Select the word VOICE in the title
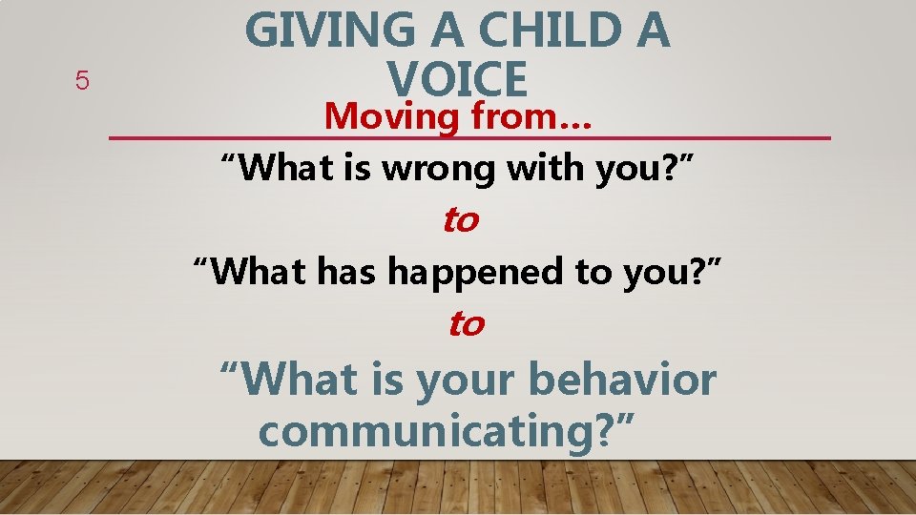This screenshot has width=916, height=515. (457, 78)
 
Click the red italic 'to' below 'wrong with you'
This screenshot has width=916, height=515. (459, 220)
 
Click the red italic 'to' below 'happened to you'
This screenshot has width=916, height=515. (466, 324)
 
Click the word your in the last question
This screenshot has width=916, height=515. (466, 380)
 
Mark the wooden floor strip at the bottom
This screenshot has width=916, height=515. (458, 488)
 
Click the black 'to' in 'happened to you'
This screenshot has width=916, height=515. (595, 272)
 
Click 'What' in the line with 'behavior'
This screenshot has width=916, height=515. (298, 380)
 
